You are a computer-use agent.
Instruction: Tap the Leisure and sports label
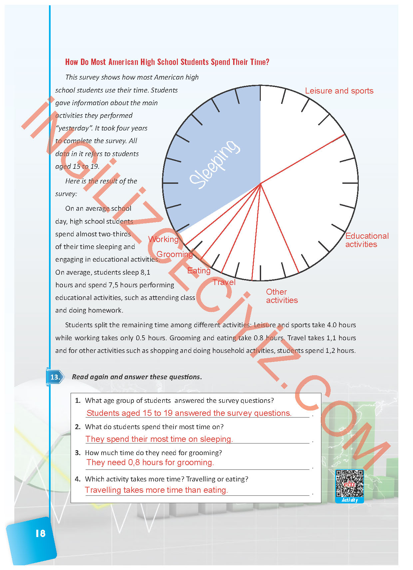[x=339, y=91]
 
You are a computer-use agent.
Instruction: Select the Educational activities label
[x=367, y=240]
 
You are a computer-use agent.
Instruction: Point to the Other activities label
[x=281, y=296]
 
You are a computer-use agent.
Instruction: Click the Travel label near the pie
[x=224, y=282]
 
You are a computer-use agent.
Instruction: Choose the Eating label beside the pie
[x=199, y=271]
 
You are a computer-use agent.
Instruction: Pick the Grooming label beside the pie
[x=175, y=254]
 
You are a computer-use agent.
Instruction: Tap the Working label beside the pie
[x=163, y=239]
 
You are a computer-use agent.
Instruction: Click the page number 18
[x=40, y=533]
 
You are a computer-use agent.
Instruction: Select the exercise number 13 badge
[x=55, y=377]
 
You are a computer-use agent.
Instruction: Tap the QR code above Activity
[x=349, y=483]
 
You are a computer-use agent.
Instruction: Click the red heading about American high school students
[x=167, y=62]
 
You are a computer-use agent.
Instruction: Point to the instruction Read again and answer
[x=137, y=377]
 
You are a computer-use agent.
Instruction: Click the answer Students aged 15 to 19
[x=189, y=413]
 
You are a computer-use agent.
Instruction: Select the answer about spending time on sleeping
[x=159, y=439]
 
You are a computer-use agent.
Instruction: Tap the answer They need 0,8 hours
[x=150, y=462]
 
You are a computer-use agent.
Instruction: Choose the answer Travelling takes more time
[x=156, y=490]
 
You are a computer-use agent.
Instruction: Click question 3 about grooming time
[x=153, y=453]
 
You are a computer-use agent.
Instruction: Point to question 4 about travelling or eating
[x=167, y=479]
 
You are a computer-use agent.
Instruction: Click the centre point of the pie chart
[x=260, y=183]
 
